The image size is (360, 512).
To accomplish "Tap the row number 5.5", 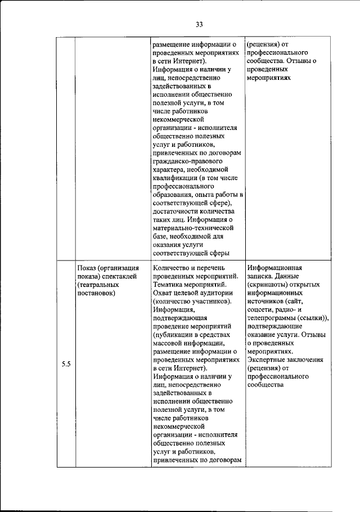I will [x=65, y=364].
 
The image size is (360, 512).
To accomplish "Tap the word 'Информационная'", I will [x=275, y=268].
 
